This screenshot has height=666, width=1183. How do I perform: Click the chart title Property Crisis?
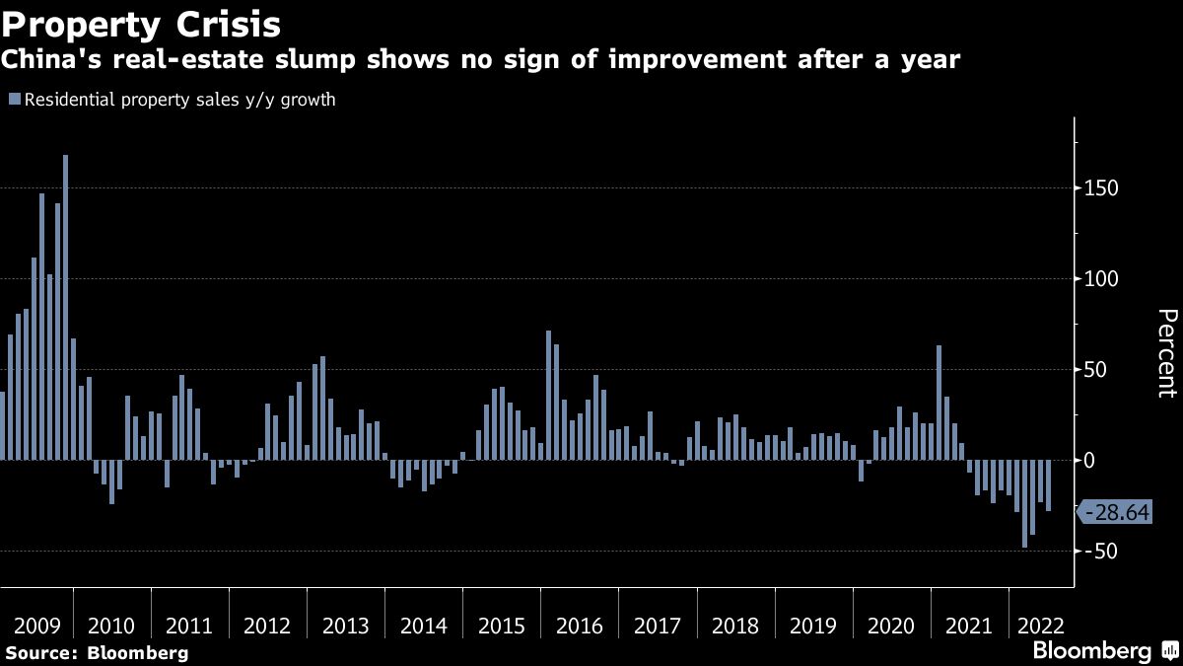(x=141, y=23)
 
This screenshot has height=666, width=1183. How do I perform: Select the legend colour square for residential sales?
(x=14, y=100)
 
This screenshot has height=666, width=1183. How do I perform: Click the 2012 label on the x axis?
(x=266, y=627)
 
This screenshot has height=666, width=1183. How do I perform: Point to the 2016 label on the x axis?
(x=579, y=627)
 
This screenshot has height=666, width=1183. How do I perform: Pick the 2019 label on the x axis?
(x=813, y=627)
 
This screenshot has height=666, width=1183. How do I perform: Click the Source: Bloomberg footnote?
(x=97, y=652)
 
